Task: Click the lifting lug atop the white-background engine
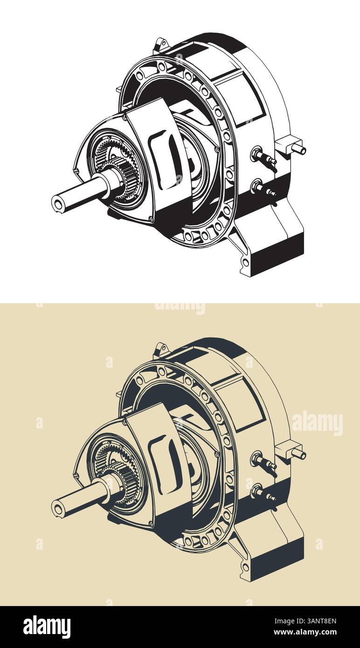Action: point(161,45)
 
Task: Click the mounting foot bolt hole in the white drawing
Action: point(245,262)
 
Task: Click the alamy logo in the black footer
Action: point(47,627)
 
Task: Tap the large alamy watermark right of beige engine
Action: point(317,423)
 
